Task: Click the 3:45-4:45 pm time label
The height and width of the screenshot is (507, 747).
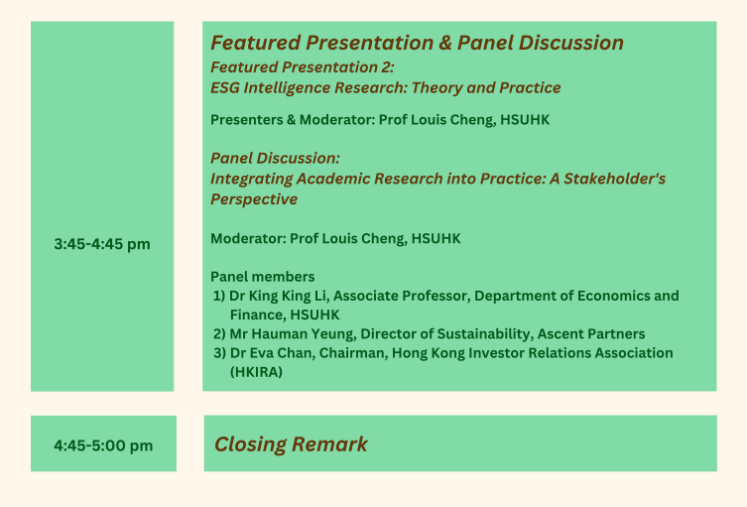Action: (x=102, y=244)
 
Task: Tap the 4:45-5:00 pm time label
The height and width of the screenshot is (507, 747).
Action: (x=103, y=445)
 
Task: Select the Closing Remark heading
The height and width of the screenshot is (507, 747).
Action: (x=291, y=444)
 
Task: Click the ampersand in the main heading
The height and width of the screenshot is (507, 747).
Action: (x=445, y=43)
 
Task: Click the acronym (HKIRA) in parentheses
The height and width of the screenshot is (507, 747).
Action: (x=256, y=372)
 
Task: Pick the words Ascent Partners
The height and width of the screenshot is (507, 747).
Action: (x=591, y=334)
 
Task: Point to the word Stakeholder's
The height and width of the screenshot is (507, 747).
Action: (x=614, y=179)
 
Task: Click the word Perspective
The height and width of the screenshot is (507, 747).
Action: (x=254, y=199)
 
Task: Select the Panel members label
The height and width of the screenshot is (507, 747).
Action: (x=263, y=277)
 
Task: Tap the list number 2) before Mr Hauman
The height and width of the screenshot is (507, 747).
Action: (x=219, y=334)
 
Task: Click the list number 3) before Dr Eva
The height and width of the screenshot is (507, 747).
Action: (x=219, y=353)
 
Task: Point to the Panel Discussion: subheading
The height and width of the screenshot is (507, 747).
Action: (x=276, y=158)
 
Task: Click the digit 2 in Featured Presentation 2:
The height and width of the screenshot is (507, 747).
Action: (x=386, y=67)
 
